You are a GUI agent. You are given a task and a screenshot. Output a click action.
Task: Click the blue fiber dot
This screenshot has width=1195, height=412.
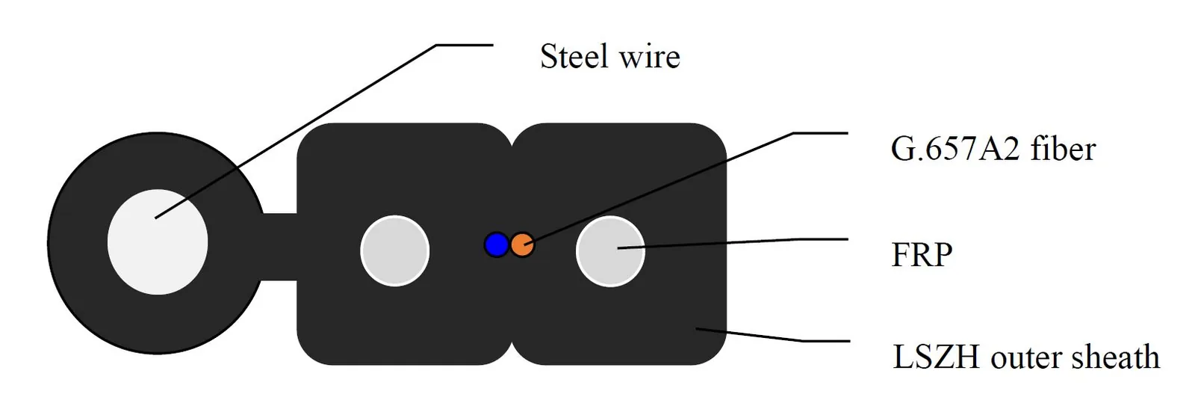click(x=496, y=245)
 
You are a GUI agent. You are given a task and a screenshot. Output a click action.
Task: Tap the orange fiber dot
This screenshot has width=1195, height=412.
click(x=522, y=245)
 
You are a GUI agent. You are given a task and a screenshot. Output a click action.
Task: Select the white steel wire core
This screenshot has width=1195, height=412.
click(x=158, y=242)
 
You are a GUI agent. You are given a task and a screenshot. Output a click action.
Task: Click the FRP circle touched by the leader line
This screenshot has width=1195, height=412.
click(x=610, y=251)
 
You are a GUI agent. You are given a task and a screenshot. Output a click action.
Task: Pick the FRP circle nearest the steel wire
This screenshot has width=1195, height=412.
click(x=395, y=251)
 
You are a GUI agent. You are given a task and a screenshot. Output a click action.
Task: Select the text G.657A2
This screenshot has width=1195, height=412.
click(x=955, y=149)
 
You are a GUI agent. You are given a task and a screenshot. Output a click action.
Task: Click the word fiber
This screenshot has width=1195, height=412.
click(x=1064, y=148)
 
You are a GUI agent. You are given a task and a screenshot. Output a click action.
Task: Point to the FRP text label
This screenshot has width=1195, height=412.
click(x=922, y=255)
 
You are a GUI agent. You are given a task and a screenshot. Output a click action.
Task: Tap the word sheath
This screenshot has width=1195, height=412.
click(x=1115, y=356)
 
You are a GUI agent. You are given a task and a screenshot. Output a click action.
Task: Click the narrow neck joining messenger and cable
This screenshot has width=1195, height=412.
click(x=279, y=247)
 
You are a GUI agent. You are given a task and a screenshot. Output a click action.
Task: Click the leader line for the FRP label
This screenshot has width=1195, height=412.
click(x=733, y=244)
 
